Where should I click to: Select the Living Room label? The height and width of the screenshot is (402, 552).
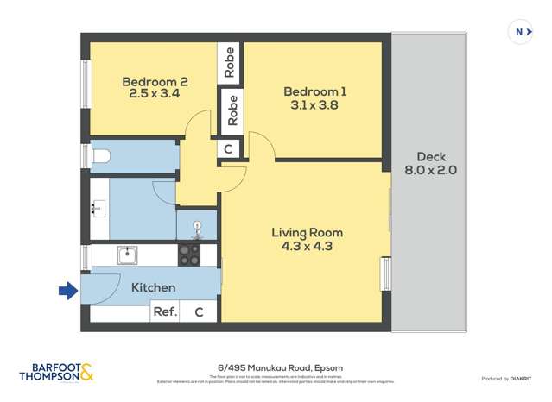click(307, 232)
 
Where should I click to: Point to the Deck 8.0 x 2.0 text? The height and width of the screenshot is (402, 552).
click(430, 164)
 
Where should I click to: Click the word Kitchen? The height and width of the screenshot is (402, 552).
click(153, 287)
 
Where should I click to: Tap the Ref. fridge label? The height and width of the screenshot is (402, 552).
click(164, 312)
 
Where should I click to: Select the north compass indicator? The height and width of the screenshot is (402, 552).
click(520, 32)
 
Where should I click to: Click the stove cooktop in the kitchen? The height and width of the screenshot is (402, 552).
click(188, 254)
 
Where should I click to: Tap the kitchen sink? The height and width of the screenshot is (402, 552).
click(127, 254)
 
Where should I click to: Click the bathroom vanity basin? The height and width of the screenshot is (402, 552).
click(98, 208)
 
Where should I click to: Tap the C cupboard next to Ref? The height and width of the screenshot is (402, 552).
click(199, 312)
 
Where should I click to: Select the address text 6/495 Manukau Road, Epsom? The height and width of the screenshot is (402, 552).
click(276, 367)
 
